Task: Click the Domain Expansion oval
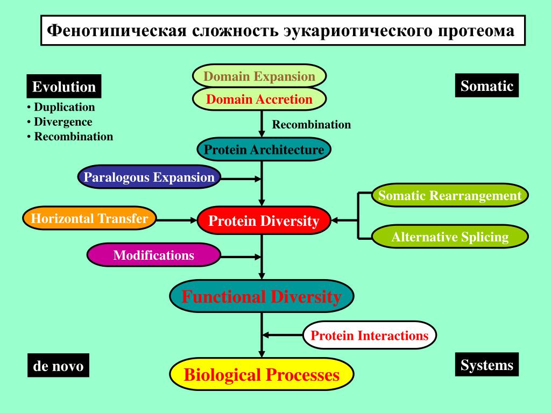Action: pos(259,76)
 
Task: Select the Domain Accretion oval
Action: pos(259,99)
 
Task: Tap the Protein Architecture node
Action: pos(264,149)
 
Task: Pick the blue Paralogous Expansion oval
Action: pos(149,177)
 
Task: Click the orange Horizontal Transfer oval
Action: pos(89,218)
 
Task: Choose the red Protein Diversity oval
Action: pos(264,220)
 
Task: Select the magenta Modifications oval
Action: pos(153,255)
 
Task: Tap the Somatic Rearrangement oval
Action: pos(450,195)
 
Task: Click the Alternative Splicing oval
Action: pos(450,237)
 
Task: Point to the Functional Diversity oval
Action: pos(262,296)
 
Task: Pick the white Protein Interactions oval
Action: pos(369,335)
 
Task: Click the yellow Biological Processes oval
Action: pos(262,374)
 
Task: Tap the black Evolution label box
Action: pos(64,86)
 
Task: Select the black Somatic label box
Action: pos(486,86)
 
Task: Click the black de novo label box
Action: pos(58,365)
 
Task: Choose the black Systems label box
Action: pos(486,364)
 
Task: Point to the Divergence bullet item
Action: pos(60,122)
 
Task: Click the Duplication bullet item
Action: pos(61,107)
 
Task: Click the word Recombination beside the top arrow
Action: pos(312,124)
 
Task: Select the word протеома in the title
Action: pos(476,31)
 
